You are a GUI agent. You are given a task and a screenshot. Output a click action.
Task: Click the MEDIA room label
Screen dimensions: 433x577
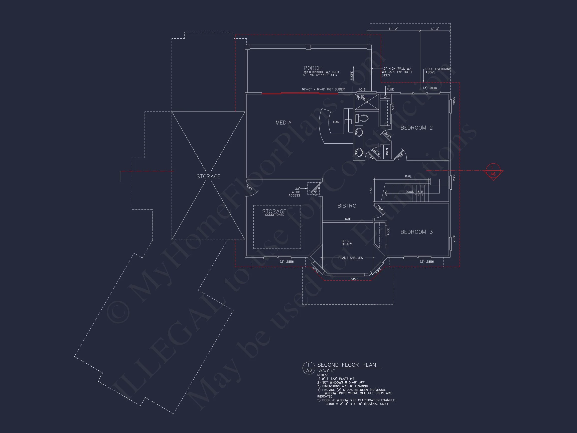(x=283, y=123)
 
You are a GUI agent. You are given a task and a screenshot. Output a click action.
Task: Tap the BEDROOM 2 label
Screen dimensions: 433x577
(x=416, y=128)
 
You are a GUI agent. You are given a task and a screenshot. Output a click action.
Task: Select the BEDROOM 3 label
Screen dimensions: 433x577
(x=416, y=232)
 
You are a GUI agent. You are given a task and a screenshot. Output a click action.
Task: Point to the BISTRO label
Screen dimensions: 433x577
(x=347, y=206)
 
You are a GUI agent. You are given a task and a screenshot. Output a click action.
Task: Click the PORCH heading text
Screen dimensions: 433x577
(x=313, y=68)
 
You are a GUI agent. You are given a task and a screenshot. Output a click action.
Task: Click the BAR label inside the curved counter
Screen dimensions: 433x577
(x=336, y=122)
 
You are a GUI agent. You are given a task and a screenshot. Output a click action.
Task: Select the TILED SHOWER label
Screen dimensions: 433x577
(x=362, y=98)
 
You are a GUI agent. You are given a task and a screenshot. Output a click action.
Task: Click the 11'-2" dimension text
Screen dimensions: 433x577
(x=393, y=29)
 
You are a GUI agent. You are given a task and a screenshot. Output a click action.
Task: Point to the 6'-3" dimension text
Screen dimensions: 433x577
(x=435, y=29)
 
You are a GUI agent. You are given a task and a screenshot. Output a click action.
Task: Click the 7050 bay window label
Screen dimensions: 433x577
(x=353, y=279)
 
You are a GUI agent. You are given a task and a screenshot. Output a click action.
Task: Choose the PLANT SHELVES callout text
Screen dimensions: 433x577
(x=350, y=258)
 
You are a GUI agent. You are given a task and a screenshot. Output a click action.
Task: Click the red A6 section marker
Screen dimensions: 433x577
(x=493, y=174)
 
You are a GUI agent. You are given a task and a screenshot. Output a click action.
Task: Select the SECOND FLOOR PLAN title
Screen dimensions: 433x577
(x=346, y=365)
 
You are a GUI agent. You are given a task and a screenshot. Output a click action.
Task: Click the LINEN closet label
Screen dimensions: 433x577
(x=387, y=152)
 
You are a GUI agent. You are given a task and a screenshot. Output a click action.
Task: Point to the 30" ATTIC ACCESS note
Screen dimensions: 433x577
(x=295, y=192)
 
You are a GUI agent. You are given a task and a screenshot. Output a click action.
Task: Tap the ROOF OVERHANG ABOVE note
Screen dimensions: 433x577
(x=438, y=70)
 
